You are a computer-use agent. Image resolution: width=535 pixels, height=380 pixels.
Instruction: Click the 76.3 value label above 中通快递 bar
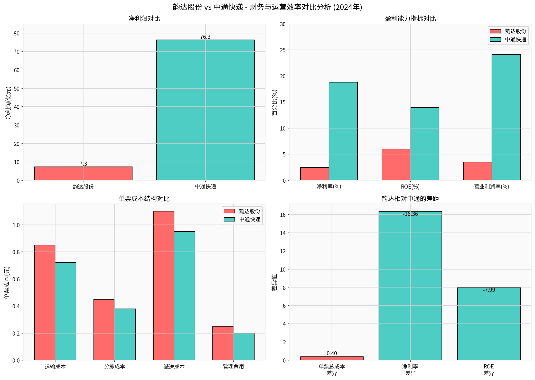click(205, 37)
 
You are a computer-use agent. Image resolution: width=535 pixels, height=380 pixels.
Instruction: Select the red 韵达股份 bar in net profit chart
click(83, 173)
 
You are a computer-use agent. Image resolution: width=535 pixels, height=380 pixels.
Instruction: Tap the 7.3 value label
click(83, 164)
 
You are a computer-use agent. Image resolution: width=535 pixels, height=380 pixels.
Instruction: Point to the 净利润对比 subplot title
click(144, 19)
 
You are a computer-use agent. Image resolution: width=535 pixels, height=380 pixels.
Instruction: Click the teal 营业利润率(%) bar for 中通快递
click(506, 117)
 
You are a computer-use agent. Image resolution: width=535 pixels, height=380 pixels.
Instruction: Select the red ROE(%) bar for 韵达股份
click(396, 164)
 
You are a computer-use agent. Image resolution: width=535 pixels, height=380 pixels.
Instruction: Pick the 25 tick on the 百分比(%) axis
click(283, 50)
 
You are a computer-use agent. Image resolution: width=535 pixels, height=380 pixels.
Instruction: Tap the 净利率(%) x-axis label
click(329, 187)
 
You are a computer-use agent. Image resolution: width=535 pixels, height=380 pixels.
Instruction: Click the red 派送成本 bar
click(164, 285)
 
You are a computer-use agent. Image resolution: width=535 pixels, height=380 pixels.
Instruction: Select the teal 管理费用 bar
click(244, 347)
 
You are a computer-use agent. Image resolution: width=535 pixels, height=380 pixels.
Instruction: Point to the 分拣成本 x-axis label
click(115, 367)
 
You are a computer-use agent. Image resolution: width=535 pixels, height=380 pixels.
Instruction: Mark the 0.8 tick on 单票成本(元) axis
click(16, 252)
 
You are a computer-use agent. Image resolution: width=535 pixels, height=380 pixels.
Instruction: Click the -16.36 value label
click(410, 214)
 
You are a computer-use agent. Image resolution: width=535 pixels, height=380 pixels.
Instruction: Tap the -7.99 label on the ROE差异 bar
click(489, 290)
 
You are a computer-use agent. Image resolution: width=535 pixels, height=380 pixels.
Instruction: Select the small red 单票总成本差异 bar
click(332, 358)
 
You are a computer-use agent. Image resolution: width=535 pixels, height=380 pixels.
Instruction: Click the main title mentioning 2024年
click(267, 7)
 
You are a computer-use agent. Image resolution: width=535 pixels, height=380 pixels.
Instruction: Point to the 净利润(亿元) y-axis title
click(8, 103)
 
